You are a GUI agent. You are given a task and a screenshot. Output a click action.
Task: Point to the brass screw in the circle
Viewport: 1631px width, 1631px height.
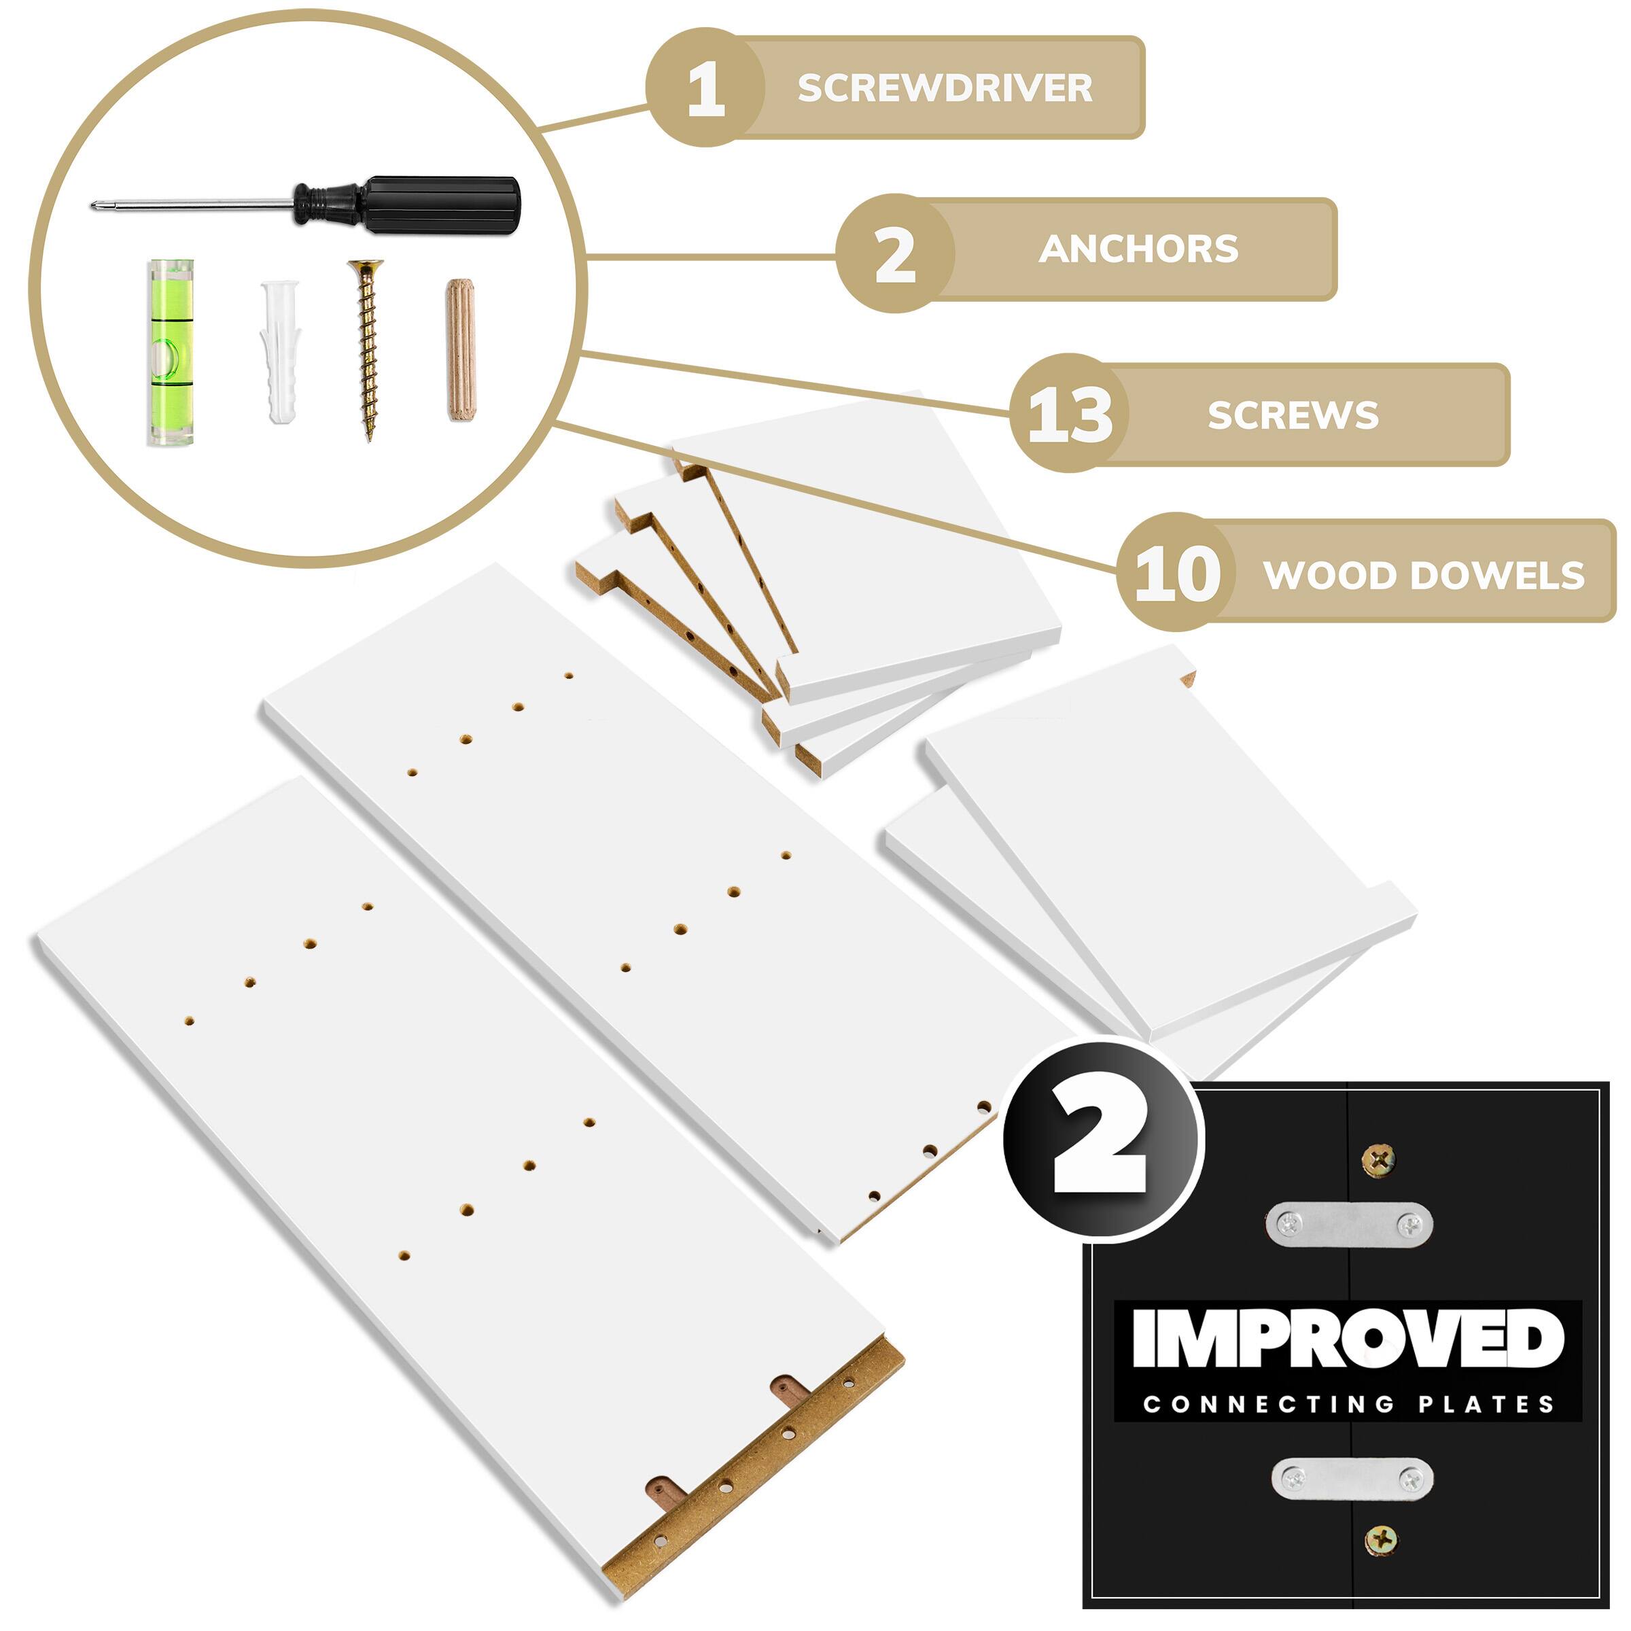(x=366, y=349)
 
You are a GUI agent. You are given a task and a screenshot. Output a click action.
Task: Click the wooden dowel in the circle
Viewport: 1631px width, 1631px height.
(x=459, y=349)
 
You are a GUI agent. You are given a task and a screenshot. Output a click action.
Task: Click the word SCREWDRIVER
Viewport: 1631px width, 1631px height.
(x=945, y=88)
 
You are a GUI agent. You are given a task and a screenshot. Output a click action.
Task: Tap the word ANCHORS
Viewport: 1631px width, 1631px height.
(x=1138, y=249)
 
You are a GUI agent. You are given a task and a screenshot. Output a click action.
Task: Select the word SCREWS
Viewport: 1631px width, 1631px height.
(x=1293, y=415)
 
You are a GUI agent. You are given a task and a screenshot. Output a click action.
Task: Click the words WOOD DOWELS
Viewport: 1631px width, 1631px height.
(x=1424, y=576)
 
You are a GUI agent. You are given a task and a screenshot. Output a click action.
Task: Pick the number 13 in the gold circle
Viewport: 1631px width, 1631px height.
(x=1070, y=415)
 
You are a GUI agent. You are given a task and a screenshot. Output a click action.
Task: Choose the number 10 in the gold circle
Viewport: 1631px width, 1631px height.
(x=1177, y=575)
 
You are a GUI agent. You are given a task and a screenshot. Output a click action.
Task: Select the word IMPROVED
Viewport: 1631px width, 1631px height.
(x=1348, y=1339)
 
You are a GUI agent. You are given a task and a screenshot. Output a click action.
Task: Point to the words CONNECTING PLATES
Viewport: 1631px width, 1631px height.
(x=1348, y=1405)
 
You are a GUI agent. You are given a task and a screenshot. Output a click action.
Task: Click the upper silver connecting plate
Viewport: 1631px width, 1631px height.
(x=1349, y=1224)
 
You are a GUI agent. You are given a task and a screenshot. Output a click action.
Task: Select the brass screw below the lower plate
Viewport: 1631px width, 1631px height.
(x=1381, y=1541)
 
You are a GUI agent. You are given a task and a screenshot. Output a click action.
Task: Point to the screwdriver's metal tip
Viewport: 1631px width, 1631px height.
(x=94, y=205)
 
